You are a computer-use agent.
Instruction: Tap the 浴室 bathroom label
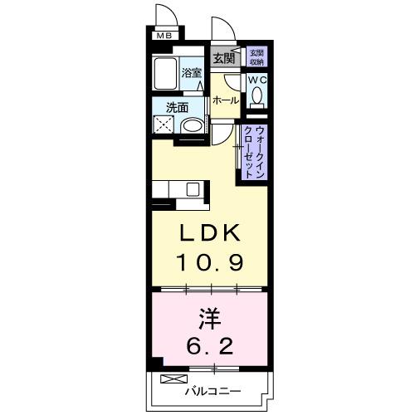pos(193,73)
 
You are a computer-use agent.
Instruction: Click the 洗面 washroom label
pos(177,107)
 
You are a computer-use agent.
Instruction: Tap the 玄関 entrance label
pos(222,58)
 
